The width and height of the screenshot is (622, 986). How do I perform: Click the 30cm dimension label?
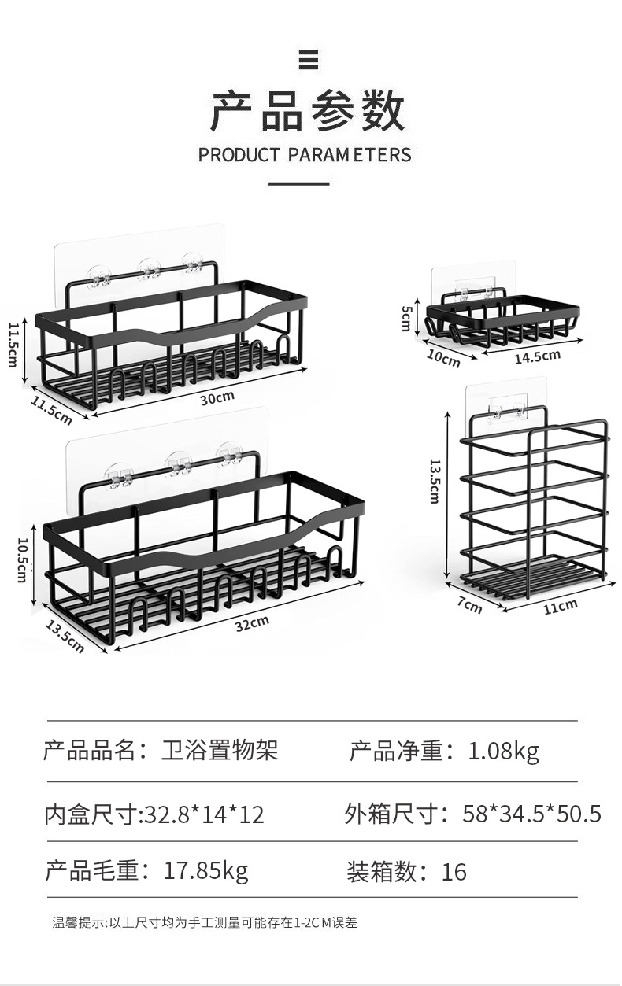(217, 399)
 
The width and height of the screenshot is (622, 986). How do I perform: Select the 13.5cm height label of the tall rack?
(434, 481)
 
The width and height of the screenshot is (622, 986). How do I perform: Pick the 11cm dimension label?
(561, 606)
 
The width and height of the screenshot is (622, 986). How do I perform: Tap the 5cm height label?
(406, 318)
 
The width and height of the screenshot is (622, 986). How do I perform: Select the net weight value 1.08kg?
(503, 751)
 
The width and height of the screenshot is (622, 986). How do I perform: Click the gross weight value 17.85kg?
(205, 870)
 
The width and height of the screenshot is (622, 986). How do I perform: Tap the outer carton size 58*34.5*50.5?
(531, 813)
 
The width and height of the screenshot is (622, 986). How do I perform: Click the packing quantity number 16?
(454, 872)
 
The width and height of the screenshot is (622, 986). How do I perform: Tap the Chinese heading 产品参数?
(308, 112)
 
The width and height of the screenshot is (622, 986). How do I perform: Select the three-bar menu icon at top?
(308, 59)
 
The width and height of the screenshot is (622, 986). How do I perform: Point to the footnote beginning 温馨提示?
(205, 922)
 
